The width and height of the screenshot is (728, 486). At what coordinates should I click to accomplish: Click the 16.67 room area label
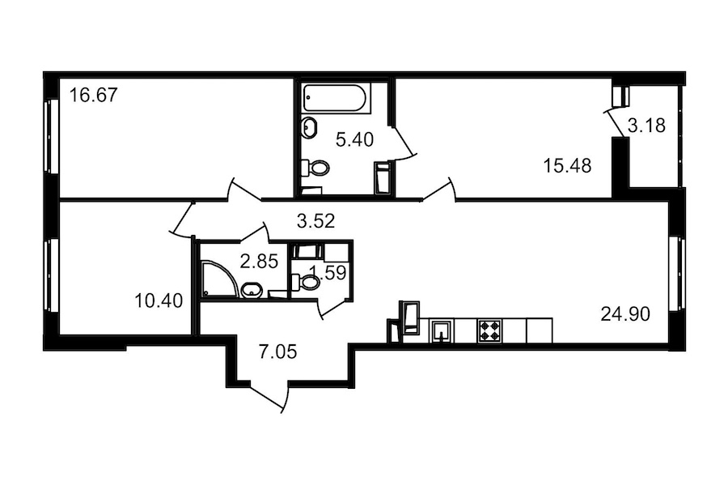coord(93,96)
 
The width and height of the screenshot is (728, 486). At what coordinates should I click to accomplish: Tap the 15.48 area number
coord(567,165)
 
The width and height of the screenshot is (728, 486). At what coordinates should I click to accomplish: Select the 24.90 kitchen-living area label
coord(625,314)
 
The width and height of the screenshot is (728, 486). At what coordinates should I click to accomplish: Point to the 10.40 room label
coord(159,301)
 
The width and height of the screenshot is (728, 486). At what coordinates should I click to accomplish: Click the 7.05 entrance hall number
coord(277,352)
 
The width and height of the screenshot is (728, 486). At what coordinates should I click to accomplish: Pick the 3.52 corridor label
coord(315,221)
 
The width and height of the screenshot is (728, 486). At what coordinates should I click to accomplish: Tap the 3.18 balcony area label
coord(647,125)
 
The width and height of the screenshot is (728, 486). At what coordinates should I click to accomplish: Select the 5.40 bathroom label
coord(355,139)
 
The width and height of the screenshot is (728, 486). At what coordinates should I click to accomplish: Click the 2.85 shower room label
coord(259,262)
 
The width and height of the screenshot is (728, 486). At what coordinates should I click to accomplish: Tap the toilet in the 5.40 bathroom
coord(315,168)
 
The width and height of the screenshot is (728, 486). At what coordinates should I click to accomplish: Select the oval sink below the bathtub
coord(310,127)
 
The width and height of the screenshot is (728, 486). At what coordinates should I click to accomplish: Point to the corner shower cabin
coord(220,279)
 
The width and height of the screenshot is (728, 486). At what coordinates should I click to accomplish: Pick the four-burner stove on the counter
coord(490,330)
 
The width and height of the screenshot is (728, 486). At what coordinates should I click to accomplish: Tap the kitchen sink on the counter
coord(442,330)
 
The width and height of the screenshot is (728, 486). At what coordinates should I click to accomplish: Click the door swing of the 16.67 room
coord(244,189)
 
